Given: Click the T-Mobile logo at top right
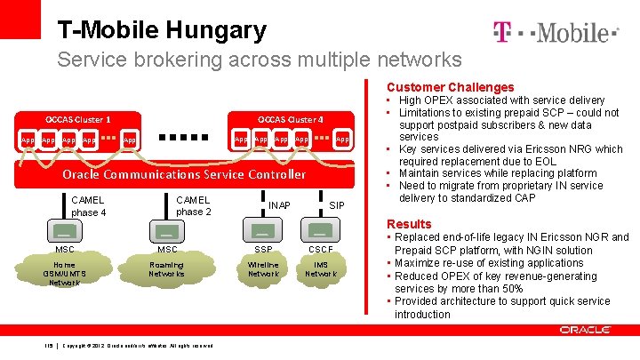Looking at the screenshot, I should point(555,33).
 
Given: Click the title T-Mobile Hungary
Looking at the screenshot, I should point(162,30).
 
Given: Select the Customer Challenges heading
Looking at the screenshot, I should point(450,87).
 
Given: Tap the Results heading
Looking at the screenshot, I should point(409,224).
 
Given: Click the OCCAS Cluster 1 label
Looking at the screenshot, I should point(78,119).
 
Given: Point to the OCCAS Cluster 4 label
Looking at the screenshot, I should point(291,119).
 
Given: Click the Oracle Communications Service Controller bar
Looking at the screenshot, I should point(184,174).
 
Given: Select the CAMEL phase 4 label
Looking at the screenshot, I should point(88,206).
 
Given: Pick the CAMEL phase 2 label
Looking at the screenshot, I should point(193,206).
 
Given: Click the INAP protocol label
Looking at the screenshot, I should point(279,205).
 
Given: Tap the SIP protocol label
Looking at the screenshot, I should point(337,205).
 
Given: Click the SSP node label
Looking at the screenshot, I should point(263,249).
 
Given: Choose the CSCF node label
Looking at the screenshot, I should point(321,249).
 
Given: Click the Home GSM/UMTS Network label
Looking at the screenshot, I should point(65,274).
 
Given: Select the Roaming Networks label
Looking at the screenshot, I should point(166,269).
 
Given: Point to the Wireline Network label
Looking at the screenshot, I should point(263,269).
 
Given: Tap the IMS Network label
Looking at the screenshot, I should point(321,269).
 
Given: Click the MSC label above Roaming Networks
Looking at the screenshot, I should point(166,249).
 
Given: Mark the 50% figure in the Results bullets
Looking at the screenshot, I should point(513,289).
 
